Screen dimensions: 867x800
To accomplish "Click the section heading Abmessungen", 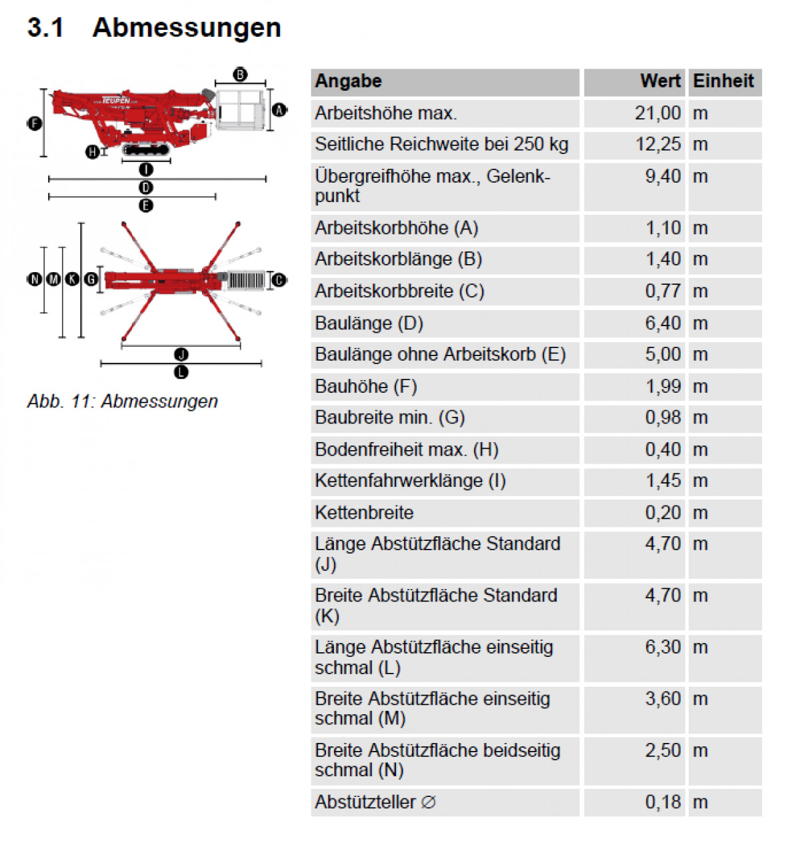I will click(x=187, y=28).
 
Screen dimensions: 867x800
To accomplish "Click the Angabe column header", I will click(x=349, y=81).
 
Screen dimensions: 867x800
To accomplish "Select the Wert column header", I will click(x=660, y=81).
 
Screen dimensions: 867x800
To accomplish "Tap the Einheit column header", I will click(x=723, y=81).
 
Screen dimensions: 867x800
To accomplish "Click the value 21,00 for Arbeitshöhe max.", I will click(x=657, y=113).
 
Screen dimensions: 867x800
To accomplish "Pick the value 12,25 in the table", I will click(x=657, y=145).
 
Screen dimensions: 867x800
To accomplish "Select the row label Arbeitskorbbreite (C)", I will click(x=399, y=291).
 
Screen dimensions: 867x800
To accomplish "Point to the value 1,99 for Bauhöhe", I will click(x=663, y=387).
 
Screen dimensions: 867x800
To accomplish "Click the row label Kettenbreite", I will click(x=364, y=513).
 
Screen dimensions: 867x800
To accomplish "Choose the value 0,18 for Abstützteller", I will click(x=663, y=802).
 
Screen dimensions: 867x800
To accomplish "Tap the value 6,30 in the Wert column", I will click(x=663, y=648).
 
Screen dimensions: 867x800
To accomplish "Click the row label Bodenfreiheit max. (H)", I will click(x=407, y=450).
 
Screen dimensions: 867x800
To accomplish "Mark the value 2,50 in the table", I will click(x=663, y=751).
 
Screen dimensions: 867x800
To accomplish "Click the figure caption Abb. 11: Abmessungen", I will click(x=123, y=401).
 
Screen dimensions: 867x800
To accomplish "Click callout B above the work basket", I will click(x=240, y=75).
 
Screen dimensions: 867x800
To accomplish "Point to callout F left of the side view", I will click(x=35, y=123).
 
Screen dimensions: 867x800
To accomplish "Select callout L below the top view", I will click(x=181, y=372).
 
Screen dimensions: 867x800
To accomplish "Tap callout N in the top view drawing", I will click(x=34, y=279).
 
